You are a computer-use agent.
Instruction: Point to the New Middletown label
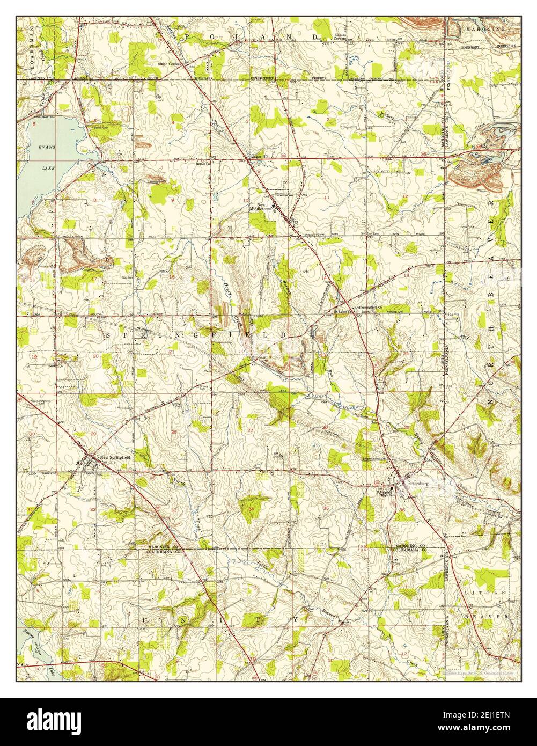tap(262, 208)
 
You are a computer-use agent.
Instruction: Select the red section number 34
tap(251, 508)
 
